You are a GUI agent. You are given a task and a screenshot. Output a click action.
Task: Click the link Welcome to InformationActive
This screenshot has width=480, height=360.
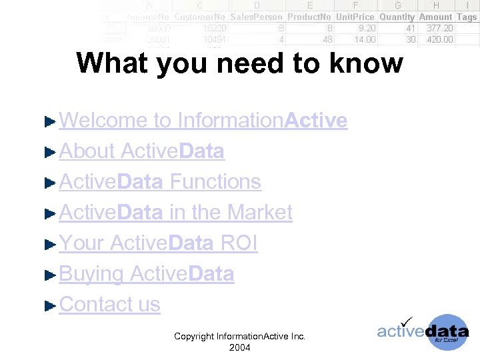(x=203, y=121)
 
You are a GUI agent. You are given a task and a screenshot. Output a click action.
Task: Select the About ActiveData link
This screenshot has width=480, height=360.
(x=141, y=151)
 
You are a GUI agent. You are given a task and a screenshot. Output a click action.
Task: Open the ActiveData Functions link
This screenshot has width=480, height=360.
(x=160, y=182)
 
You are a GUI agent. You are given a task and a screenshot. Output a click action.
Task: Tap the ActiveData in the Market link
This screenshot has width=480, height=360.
(x=175, y=213)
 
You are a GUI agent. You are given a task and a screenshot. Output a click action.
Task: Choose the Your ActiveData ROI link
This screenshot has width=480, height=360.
(x=158, y=243)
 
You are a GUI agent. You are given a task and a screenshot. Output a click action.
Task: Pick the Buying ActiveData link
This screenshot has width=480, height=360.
(x=147, y=274)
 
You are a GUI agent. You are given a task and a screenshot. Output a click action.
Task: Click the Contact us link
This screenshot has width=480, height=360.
(x=110, y=305)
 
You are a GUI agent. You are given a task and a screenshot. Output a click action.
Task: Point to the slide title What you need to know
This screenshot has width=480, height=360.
(x=239, y=64)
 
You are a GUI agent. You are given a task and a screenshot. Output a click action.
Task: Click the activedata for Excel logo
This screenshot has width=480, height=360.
(x=423, y=331)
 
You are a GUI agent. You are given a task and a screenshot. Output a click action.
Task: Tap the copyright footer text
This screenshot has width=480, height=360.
(x=239, y=337)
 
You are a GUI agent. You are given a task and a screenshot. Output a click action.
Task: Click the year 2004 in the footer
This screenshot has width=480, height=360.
(x=239, y=348)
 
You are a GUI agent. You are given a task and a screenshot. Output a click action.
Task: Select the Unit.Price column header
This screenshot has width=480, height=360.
(x=355, y=17)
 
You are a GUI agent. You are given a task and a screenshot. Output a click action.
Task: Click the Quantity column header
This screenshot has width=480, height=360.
(x=397, y=17)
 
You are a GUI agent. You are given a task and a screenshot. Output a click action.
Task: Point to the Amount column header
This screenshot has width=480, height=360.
(x=435, y=17)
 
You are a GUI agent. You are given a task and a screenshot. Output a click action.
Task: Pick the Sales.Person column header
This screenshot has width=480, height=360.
(x=257, y=17)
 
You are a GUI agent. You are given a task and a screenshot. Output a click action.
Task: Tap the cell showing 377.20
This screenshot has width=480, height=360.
(x=439, y=28)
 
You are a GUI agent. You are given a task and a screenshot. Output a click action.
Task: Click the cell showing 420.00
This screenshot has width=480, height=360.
(x=439, y=39)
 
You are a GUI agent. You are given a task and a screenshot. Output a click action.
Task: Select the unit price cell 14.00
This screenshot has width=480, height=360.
(x=364, y=39)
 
